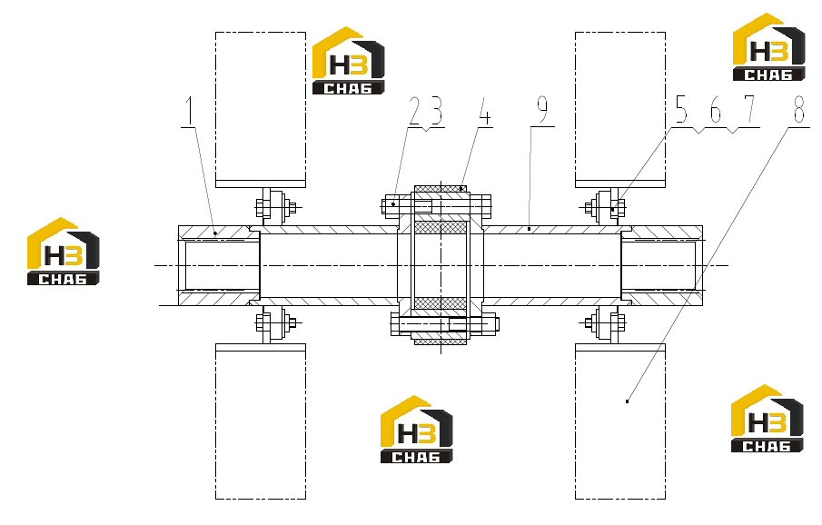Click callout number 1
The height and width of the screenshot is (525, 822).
pos(189,110)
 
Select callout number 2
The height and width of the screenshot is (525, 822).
pos(415,111)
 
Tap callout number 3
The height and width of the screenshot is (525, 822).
pos(435,111)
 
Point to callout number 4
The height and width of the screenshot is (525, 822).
pos(485,111)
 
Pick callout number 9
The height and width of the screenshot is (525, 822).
pos(542,110)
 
